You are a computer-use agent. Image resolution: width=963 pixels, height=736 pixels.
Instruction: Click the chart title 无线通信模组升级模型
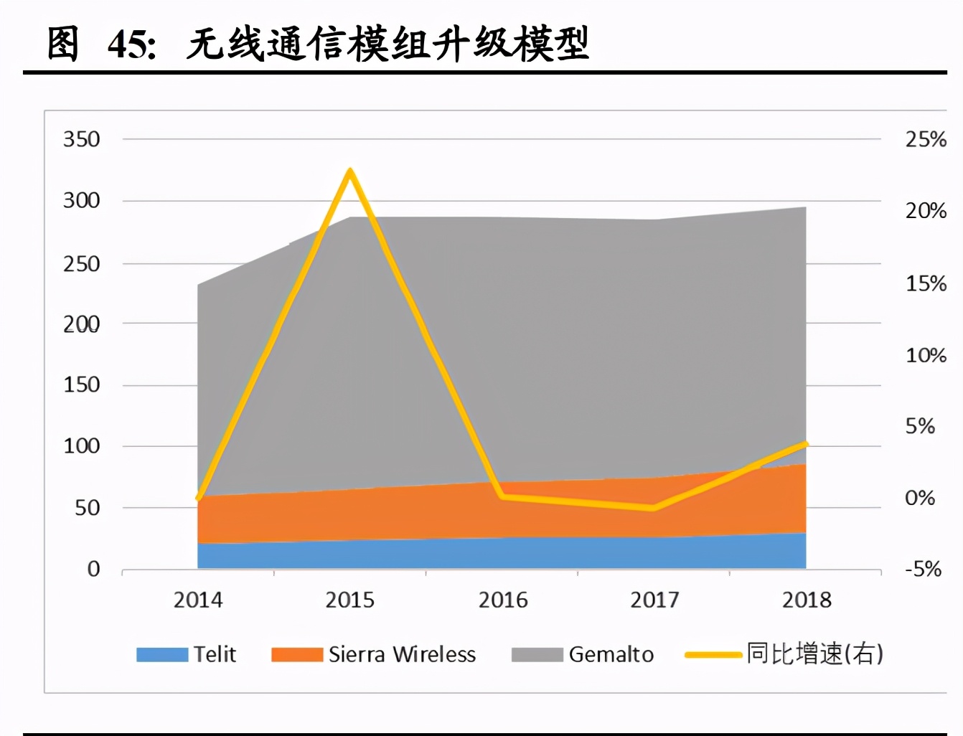click(x=387, y=44)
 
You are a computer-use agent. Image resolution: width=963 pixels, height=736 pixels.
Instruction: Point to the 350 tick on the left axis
click(x=82, y=139)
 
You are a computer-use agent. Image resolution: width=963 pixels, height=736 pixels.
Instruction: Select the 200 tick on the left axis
click(x=82, y=324)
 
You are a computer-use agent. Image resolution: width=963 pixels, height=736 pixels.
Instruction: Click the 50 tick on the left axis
click(x=88, y=508)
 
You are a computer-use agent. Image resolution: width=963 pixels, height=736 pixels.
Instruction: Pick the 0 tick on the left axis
click(x=93, y=570)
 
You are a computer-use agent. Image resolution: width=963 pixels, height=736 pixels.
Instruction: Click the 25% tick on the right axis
click(x=926, y=139)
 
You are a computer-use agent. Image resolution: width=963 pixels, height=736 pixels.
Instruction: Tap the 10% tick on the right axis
click(x=926, y=356)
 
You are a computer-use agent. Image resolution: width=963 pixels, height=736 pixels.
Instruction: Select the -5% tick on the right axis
click(x=923, y=570)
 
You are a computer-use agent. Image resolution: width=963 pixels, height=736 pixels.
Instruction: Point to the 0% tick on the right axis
click(x=920, y=498)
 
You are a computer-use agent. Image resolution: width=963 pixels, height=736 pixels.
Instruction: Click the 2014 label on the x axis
click(x=198, y=600)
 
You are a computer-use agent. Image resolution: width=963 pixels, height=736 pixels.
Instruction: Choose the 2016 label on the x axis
click(x=503, y=600)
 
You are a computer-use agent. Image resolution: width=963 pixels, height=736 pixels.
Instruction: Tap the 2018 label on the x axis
click(x=807, y=600)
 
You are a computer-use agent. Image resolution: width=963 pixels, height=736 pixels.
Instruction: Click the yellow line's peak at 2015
click(x=349, y=171)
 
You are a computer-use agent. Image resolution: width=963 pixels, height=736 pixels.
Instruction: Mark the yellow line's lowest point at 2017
click(x=653, y=508)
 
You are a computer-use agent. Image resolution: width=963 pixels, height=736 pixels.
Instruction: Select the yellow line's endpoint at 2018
click(x=805, y=445)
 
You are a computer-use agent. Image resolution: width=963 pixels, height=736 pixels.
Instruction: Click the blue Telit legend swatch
click(x=162, y=655)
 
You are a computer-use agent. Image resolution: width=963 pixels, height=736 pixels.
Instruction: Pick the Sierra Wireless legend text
click(x=402, y=654)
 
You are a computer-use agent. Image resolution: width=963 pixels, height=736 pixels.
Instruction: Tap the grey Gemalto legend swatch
click(x=537, y=655)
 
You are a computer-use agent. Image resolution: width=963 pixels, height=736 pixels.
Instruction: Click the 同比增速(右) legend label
click(x=814, y=654)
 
